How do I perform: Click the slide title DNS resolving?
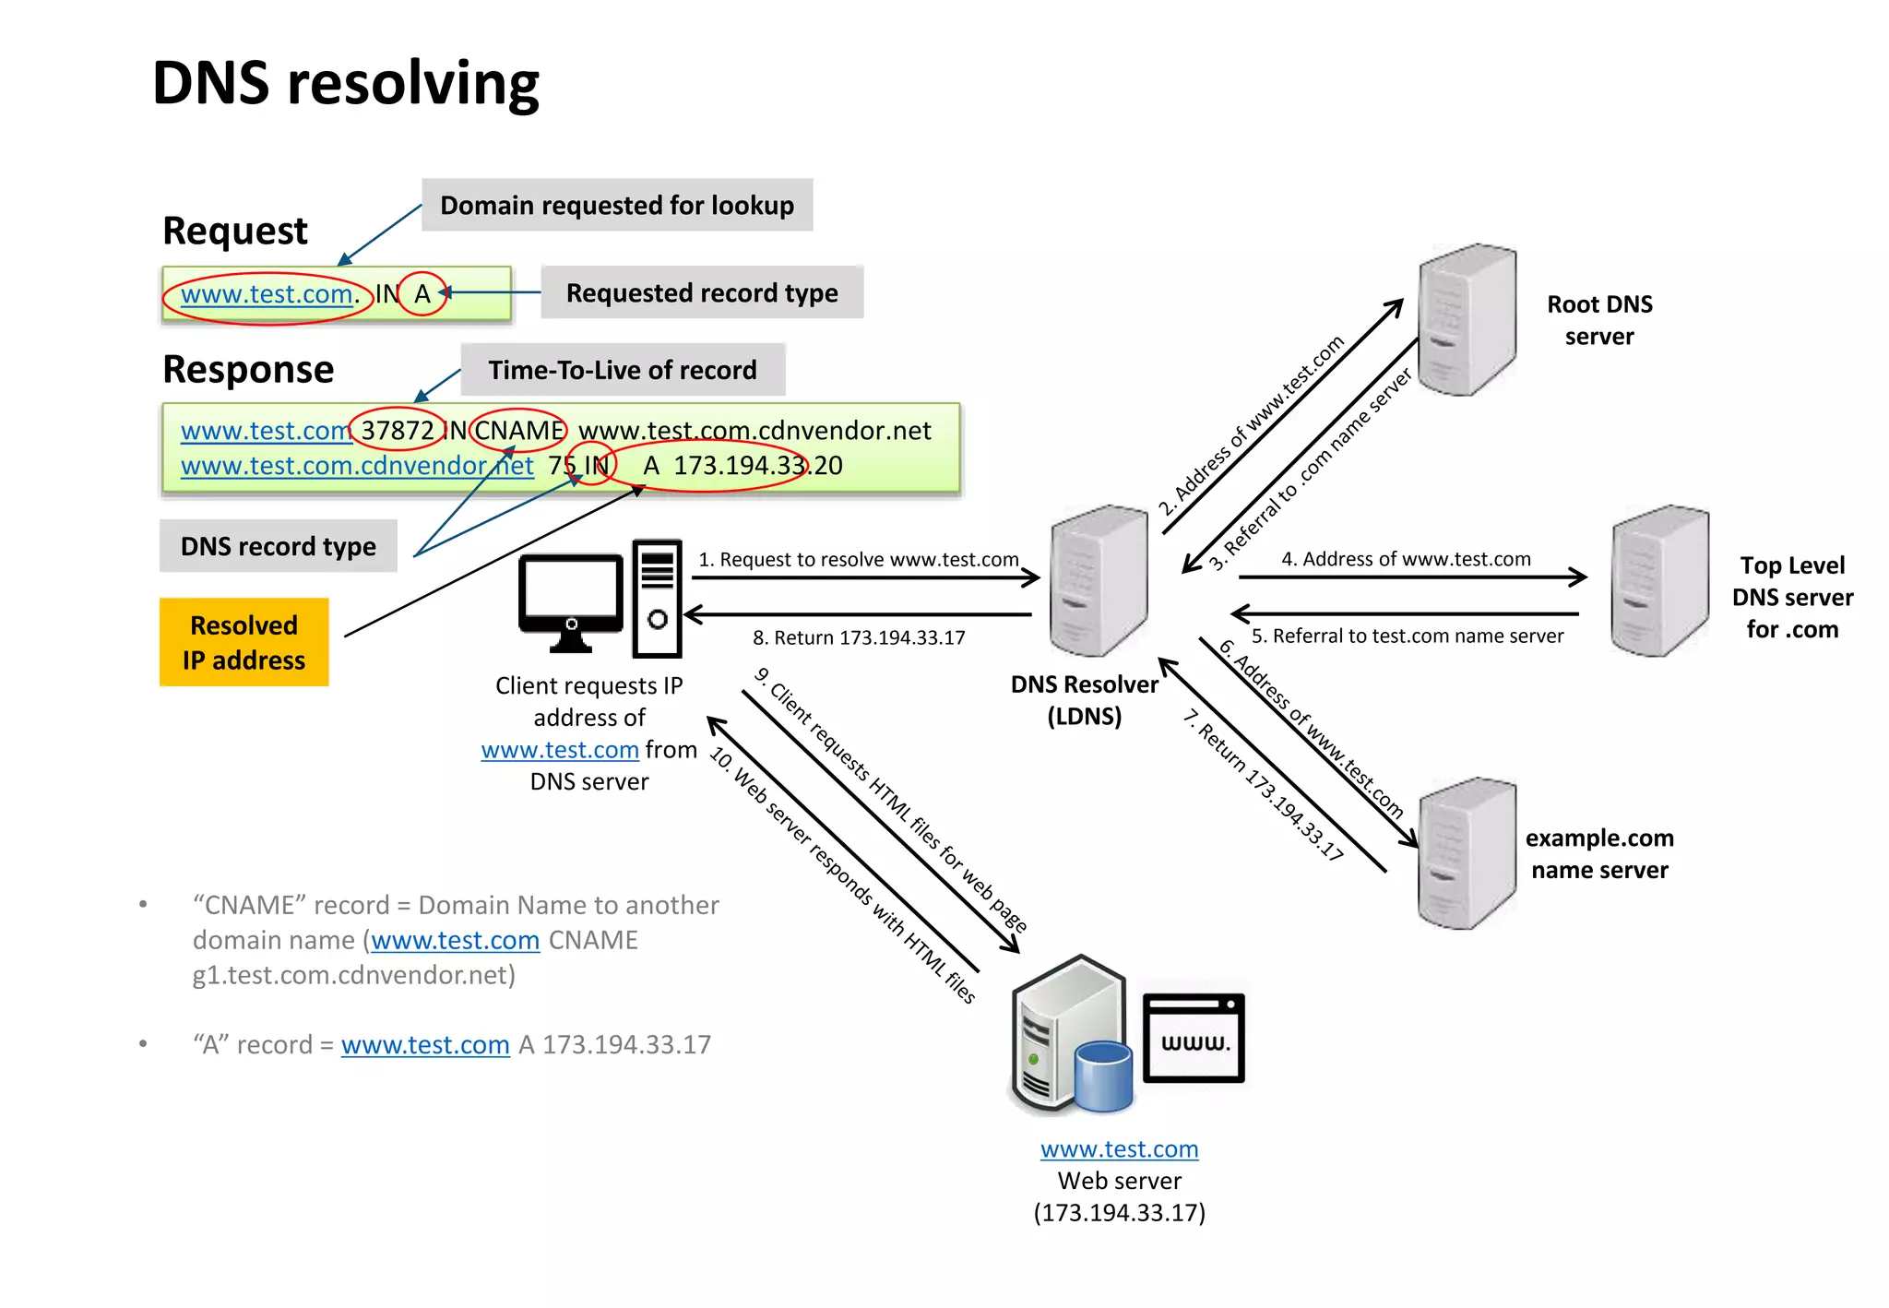[345, 83]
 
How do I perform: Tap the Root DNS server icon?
[1467, 319]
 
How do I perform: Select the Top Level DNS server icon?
[1659, 580]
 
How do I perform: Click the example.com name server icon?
[1467, 853]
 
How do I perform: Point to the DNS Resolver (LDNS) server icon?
[1099, 580]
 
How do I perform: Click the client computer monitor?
[571, 596]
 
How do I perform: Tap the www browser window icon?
[1194, 1038]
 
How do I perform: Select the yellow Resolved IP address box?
[244, 642]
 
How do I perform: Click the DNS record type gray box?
[278, 546]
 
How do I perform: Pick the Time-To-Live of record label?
[623, 370]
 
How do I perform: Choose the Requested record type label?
[702, 292]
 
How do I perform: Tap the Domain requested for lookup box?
[617, 205]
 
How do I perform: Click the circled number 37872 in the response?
[397, 430]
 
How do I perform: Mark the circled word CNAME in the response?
[518, 430]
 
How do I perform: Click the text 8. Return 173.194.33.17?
[859, 637]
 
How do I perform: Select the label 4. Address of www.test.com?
[1406, 559]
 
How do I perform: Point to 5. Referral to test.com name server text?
[1407, 636]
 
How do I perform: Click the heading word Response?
[248, 369]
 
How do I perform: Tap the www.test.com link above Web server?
[1119, 1149]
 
